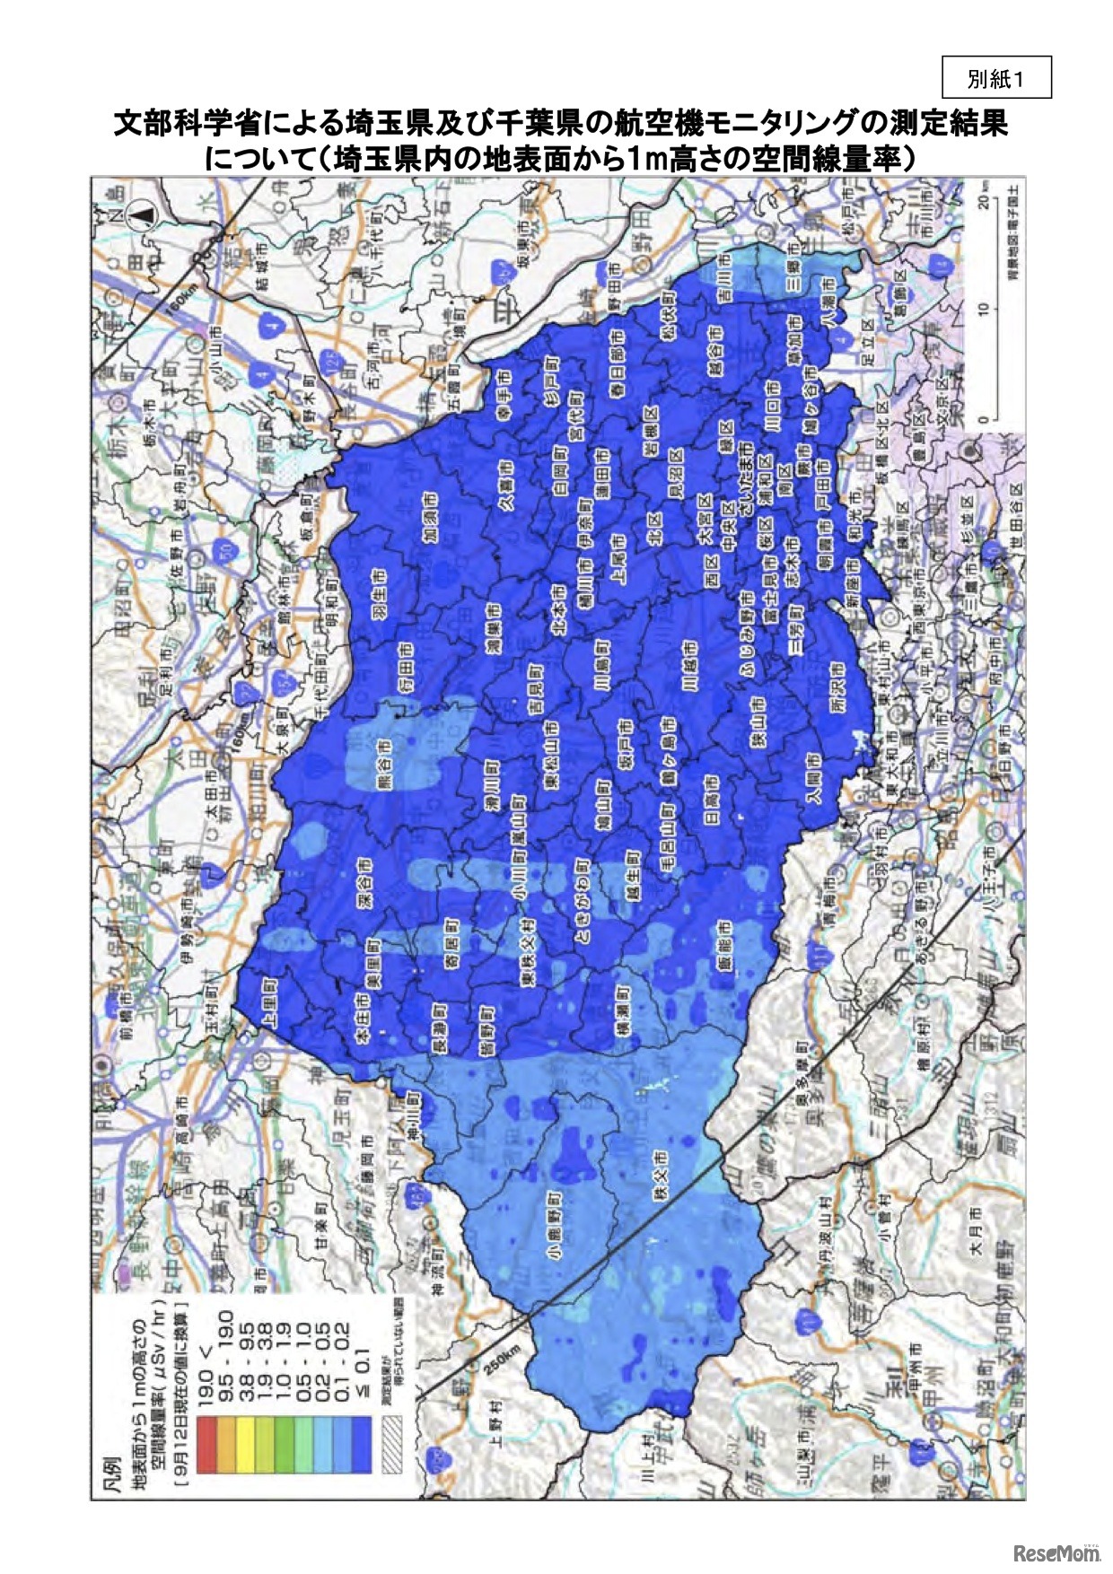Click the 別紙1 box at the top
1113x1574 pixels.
coord(995,78)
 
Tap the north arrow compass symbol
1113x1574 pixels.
coord(144,214)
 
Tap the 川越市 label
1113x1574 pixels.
coord(689,667)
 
